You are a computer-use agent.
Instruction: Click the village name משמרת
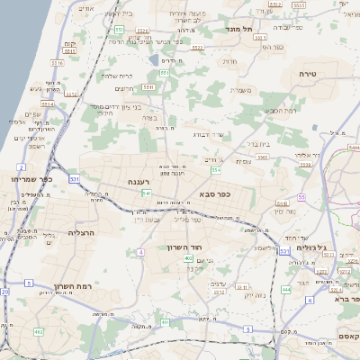[x=239, y=89]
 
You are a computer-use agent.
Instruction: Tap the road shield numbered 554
[x=216, y=169]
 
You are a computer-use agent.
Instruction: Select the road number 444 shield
[x=285, y=290]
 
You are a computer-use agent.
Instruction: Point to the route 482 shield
[x=39, y=332]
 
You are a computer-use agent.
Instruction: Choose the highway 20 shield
[x=4, y=292]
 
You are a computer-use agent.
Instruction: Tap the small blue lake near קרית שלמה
[x=154, y=61]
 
